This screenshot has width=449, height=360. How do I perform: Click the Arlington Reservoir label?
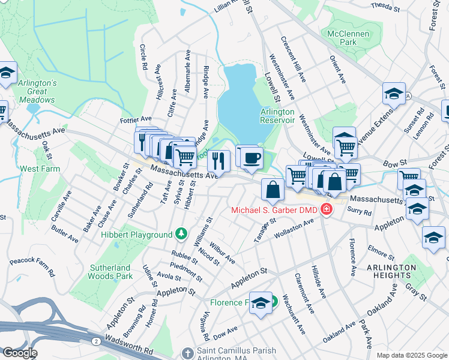[x=277, y=115]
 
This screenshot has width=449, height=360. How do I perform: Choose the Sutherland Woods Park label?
[x=110, y=272]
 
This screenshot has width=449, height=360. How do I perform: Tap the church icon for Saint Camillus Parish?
[x=187, y=352]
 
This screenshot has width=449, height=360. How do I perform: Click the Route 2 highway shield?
[x=96, y=340]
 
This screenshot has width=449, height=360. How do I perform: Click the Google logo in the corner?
[x=19, y=353]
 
